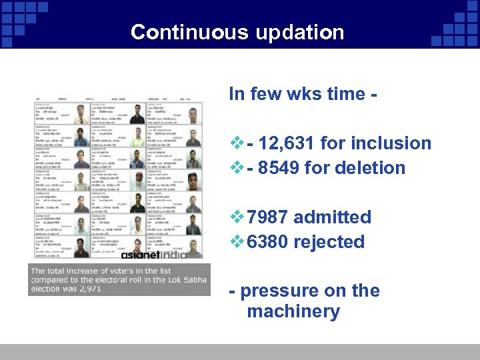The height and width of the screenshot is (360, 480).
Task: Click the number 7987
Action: pyautogui.click(x=267, y=217)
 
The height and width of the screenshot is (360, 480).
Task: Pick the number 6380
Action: pyautogui.click(x=267, y=242)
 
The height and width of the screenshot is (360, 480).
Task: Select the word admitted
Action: pyautogui.click(x=332, y=217)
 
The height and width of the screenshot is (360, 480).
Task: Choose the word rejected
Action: pyautogui.click(x=330, y=242)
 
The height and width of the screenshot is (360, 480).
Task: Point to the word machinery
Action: pyautogui.click(x=293, y=311)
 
